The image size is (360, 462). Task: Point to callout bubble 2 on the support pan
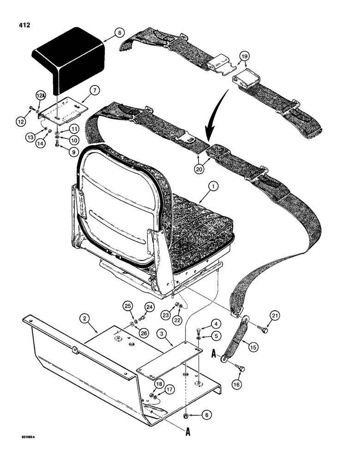tap(84, 318)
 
